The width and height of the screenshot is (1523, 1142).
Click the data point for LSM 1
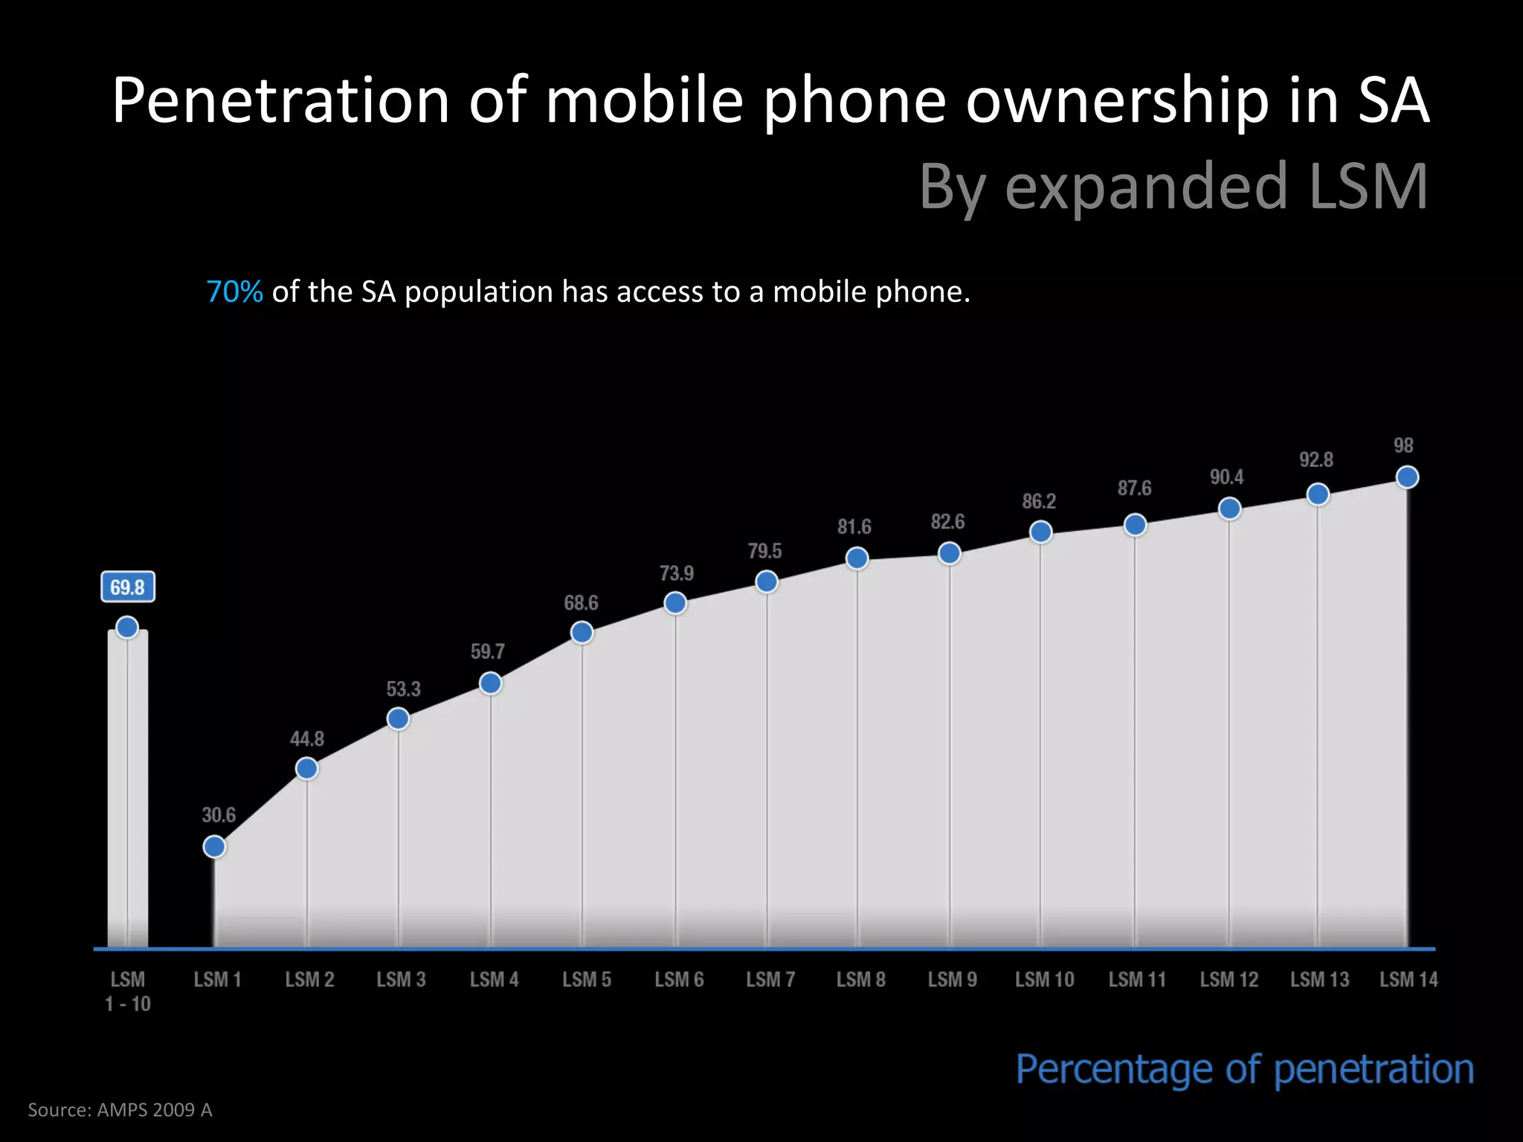click(214, 847)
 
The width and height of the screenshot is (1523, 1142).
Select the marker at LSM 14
click(1407, 477)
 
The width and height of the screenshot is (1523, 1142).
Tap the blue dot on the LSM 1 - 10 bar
click(127, 628)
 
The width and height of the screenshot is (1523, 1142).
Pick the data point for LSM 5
click(582, 633)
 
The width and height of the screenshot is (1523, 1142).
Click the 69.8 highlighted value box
click(128, 587)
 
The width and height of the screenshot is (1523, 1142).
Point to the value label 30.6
click(219, 815)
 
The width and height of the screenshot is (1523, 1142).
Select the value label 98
click(1403, 445)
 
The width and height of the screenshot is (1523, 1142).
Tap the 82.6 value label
click(947, 522)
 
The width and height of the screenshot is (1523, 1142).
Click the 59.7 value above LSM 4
click(488, 652)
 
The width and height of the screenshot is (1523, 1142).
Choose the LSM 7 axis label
click(770, 980)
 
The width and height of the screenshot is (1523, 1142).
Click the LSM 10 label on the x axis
click(1045, 980)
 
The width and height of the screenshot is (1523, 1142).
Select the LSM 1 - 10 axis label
click(128, 992)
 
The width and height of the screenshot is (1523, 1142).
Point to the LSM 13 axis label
click(1319, 980)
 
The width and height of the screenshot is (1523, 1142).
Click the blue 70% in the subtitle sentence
click(234, 292)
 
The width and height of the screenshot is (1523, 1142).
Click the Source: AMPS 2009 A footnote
click(120, 1110)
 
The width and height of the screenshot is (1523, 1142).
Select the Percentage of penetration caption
click(1245, 1070)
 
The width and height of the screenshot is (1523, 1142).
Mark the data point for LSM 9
click(949, 553)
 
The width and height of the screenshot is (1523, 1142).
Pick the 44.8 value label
click(307, 739)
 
